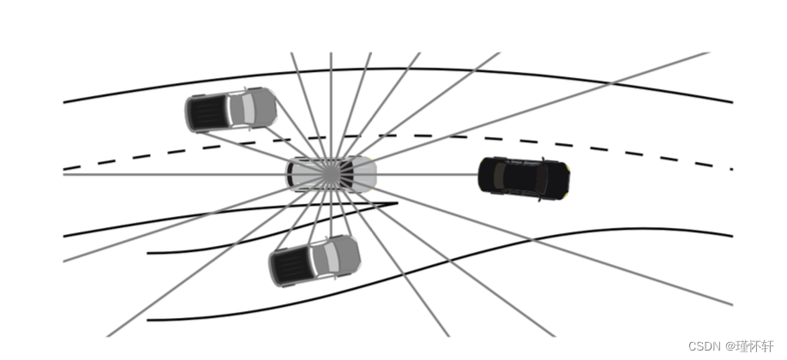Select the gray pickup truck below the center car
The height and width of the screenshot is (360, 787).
point(314,261)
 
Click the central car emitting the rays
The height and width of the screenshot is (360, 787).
point(331,173)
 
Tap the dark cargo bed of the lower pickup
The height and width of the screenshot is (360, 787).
point(291,267)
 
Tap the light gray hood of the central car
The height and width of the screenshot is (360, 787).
point(363,174)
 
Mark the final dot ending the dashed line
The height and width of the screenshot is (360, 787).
point(731,169)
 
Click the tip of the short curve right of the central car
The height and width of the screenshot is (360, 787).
point(396,204)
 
